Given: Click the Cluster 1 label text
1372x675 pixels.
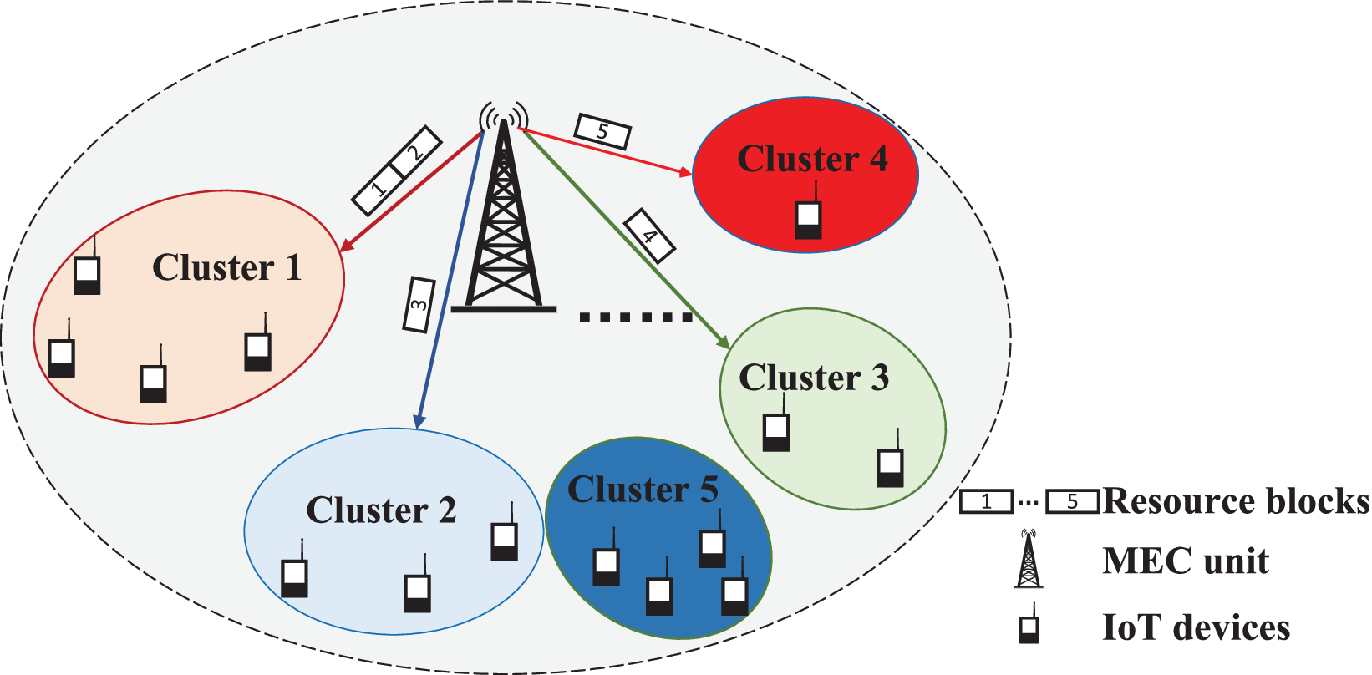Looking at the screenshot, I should pos(226,268).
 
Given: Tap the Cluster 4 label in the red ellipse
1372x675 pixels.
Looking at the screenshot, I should pos(811,159).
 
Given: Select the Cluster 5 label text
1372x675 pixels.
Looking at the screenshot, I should pos(642,490).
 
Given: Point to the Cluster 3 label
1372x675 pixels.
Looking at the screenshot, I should pos(813,378).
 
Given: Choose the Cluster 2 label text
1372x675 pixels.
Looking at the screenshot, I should pos(381,510).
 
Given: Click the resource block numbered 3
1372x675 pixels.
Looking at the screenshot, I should pos(419,305).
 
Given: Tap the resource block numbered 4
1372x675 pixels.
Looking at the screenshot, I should pos(649,236).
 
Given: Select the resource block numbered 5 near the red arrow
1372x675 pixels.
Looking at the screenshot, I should pos(602,131).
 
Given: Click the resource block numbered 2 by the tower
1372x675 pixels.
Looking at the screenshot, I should pos(415,151).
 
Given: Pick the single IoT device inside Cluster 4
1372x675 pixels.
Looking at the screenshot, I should pos(807,218).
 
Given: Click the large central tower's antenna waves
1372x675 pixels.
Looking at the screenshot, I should pos(504,117).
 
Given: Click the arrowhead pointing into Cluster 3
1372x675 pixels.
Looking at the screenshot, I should pos(724,343).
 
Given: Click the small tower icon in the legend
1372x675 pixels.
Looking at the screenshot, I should pos(1029,559).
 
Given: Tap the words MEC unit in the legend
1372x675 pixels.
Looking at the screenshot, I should pos(1185,561).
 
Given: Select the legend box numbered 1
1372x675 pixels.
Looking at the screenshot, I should pos(986,502).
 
